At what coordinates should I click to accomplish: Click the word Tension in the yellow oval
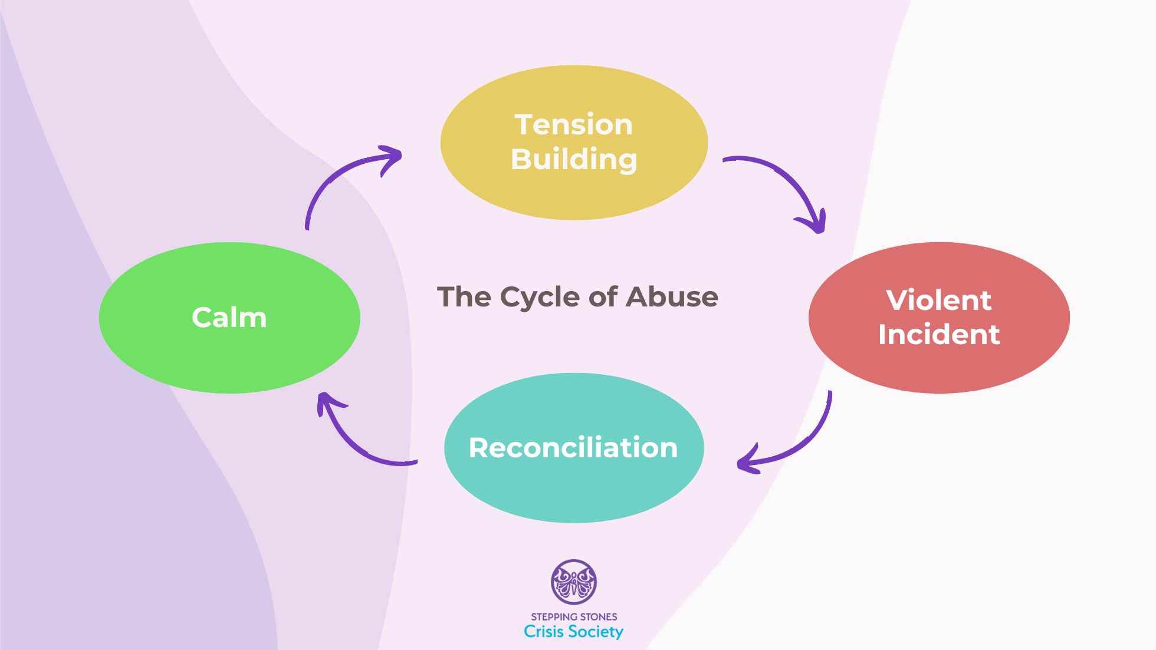click(573, 125)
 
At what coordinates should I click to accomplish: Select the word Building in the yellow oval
click(573, 159)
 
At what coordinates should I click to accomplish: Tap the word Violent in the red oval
click(938, 301)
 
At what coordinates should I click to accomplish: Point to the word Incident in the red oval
click(938, 335)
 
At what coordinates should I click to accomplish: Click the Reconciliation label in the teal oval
click(573, 448)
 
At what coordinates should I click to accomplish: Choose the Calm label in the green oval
click(229, 318)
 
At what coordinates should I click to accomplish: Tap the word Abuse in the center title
click(672, 297)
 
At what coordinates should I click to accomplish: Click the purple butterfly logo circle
click(573, 582)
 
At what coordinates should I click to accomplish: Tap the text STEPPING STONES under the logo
click(573, 617)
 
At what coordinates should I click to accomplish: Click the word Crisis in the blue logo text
click(543, 632)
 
